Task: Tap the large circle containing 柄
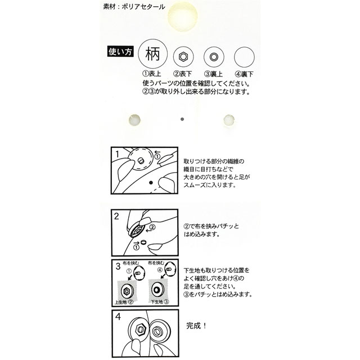coord(153,55)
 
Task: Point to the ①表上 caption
coord(152,74)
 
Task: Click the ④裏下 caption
coord(245,74)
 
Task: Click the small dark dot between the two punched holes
coord(181,119)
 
